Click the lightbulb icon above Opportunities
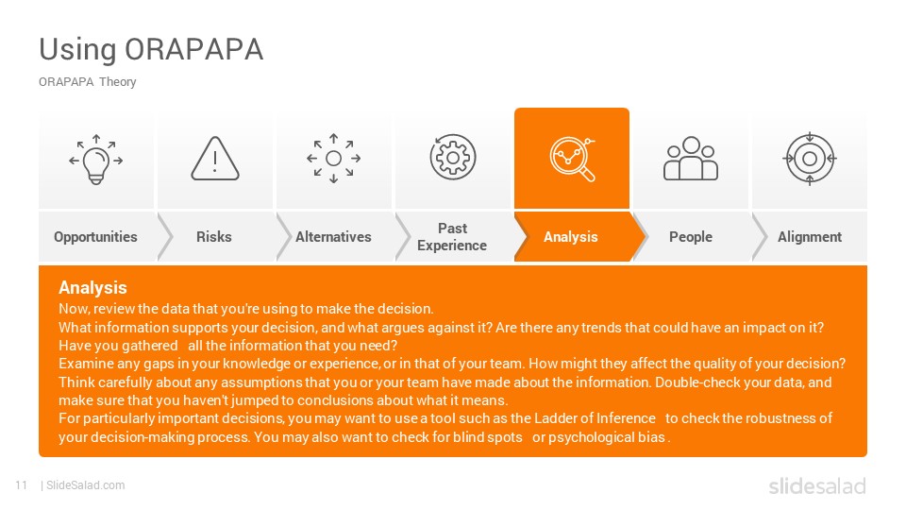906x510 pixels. [x=96, y=160]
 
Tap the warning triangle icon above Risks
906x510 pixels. [x=215, y=159]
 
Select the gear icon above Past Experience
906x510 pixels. [x=453, y=158]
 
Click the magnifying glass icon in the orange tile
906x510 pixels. [x=572, y=159]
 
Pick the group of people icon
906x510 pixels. [x=691, y=159]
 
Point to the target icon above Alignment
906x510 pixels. [x=810, y=159]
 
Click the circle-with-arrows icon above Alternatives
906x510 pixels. [x=333, y=159]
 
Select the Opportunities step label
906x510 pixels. [x=95, y=237]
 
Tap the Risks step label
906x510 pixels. [x=214, y=237]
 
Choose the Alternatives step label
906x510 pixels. [x=333, y=237]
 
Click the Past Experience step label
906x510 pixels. [x=452, y=237]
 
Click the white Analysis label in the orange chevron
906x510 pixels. [x=571, y=237]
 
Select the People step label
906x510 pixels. [x=691, y=237]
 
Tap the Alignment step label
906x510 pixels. [x=810, y=237]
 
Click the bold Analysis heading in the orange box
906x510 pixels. [x=92, y=288]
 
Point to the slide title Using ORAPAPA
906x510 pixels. [x=151, y=50]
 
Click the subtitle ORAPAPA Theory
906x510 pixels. [x=87, y=81]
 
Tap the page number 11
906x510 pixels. [x=22, y=485]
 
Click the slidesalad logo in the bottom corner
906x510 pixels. [x=817, y=485]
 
